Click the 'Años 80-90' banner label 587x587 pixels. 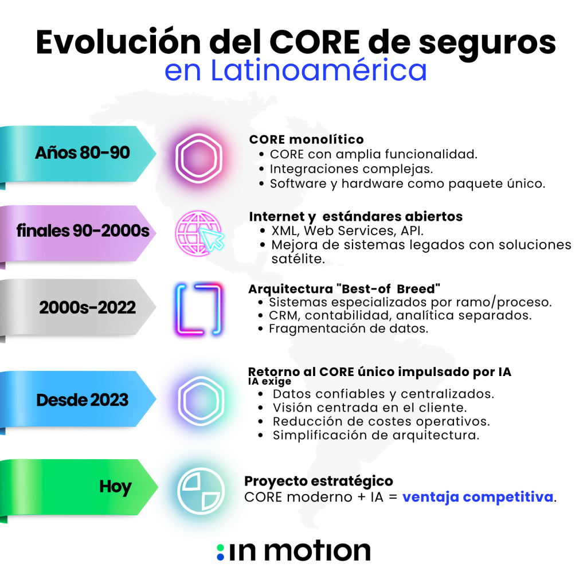pyautogui.click(x=83, y=153)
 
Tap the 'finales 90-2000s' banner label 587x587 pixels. pyautogui.click(x=83, y=232)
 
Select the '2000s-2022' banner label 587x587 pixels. pyautogui.click(x=88, y=308)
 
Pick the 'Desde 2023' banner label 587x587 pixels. pyautogui.click(x=83, y=400)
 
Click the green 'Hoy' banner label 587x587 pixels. pyautogui.click(x=116, y=487)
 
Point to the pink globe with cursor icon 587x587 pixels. pyautogui.click(x=199, y=232)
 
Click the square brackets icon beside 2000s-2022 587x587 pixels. pyautogui.click(x=198, y=308)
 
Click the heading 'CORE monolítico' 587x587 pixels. pyautogui.click(x=306, y=139)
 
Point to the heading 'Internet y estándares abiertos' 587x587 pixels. pyautogui.click(x=355, y=217)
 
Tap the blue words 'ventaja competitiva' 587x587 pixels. pyautogui.click(x=478, y=496)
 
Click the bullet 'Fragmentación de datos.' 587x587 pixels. pyautogui.click(x=349, y=328)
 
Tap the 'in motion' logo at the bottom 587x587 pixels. pyautogui.click(x=293, y=551)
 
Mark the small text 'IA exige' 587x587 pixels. pyautogui.click(x=269, y=381)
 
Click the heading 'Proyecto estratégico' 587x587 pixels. pyautogui.click(x=319, y=480)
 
